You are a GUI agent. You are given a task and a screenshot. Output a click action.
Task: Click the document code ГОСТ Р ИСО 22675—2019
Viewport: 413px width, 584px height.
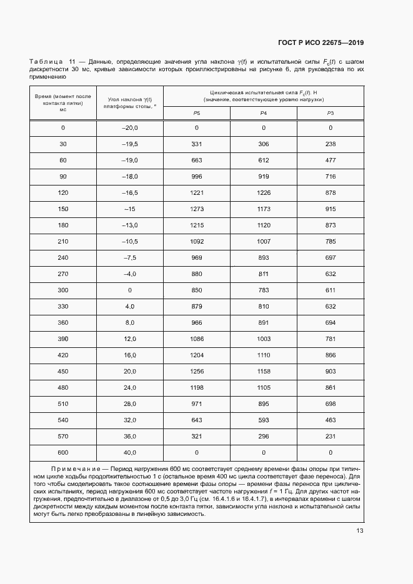pos(321,42)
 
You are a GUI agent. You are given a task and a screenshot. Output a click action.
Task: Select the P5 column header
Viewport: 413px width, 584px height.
pos(196,112)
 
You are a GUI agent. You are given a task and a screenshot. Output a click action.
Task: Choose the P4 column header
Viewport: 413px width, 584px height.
pos(263,112)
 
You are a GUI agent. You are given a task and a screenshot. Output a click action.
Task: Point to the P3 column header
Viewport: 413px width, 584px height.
pos(331,112)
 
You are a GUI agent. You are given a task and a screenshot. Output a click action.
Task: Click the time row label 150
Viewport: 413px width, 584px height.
pos(62,209)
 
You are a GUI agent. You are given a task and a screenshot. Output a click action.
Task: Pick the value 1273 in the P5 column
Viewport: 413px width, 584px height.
pos(197,209)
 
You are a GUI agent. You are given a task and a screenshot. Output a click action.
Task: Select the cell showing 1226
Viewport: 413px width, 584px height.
pos(264,193)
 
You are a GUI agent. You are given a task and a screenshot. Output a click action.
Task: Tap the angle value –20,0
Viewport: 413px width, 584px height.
pos(129,128)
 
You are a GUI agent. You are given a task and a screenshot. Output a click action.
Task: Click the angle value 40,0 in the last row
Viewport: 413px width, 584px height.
pos(129,452)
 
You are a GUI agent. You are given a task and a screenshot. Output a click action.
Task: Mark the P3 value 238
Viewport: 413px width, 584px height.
pos(331,144)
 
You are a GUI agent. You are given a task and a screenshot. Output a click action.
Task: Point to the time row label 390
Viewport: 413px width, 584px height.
pos(62,339)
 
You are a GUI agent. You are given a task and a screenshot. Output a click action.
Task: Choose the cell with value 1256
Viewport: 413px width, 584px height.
pos(197,371)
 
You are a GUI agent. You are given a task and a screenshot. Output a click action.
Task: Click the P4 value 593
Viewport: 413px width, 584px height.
pos(264,420)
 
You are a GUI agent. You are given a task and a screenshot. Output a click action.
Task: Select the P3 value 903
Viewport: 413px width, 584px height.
pos(331,371)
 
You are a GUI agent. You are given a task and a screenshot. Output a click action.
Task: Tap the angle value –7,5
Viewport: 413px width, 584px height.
pos(129,258)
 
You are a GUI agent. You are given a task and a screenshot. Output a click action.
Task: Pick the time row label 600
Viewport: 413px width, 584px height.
pos(62,452)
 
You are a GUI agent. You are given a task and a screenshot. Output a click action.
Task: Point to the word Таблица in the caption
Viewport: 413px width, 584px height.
pos(46,61)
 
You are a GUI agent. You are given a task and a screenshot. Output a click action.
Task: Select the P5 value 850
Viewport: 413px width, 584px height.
pos(197,290)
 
